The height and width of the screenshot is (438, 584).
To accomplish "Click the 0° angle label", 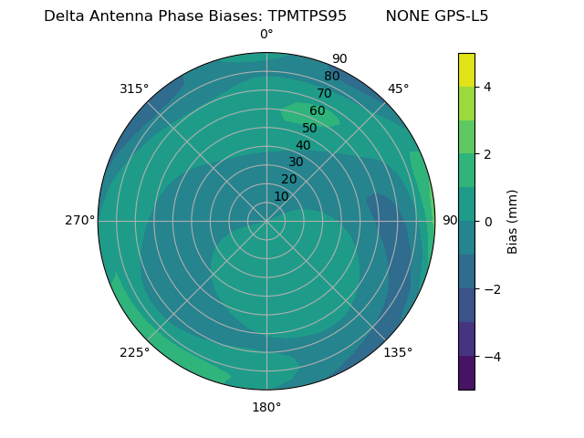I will [x=266, y=35].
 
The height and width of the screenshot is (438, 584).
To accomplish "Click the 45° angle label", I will [x=398, y=89].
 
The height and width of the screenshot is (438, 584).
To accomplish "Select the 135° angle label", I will [x=398, y=352].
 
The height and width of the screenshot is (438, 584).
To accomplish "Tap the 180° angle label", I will [x=266, y=407].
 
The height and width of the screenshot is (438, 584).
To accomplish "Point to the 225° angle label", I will [x=134, y=353].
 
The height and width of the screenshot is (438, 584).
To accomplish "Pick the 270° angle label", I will [x=79, y=221].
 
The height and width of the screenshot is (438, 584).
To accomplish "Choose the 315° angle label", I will [x=134, y=89].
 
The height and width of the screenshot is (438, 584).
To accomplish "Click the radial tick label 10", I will [x=282, y=196].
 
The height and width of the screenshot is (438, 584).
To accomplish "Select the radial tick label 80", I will [x=332, y=77].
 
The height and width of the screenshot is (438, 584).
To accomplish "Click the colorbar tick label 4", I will [x=488, y=87].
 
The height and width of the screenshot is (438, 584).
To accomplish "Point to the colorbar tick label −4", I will [x=492, y=357].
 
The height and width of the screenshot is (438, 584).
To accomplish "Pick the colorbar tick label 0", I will [x=488, y=222].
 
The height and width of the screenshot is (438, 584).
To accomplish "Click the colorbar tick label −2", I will [x=492, y=289].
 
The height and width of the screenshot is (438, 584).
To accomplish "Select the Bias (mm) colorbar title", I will [x=513, y=221].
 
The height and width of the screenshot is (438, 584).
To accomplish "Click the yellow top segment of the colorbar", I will [x=466, y=69].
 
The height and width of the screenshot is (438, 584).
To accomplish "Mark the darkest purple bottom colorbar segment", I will [x=466, y=372].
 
